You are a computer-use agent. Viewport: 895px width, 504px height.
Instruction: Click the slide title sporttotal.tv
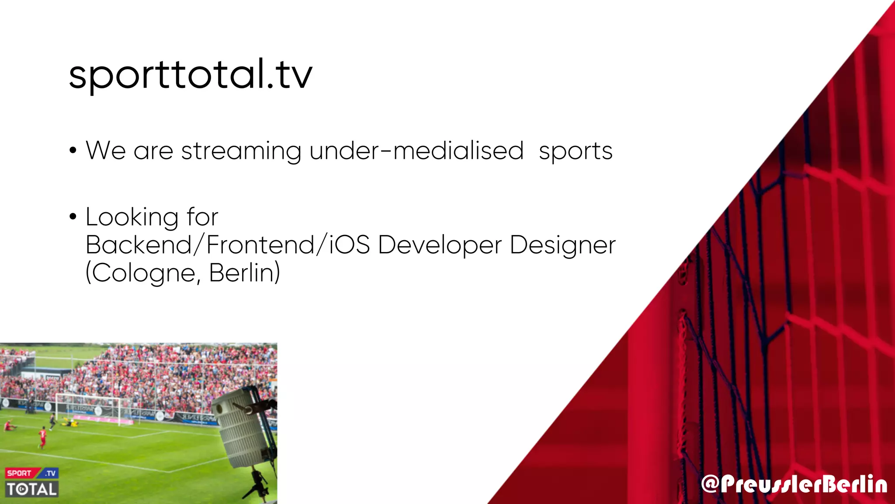(191, 74)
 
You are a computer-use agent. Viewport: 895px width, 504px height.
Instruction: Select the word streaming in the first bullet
(241, 151)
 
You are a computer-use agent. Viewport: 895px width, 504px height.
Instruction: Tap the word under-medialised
(416, 150)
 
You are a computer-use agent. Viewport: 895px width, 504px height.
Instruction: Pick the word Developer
(440, 245)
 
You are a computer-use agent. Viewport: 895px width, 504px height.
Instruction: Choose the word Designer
(562, 245)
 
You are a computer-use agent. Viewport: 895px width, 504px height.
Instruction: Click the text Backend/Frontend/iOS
(227, 245)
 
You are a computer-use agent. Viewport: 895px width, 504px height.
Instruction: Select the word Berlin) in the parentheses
(244, 273)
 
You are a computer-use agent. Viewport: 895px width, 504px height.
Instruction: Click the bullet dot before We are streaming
(73, 151)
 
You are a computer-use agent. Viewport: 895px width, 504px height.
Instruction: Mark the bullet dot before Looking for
(73, 217)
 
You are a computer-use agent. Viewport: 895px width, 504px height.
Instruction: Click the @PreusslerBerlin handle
(794, 484)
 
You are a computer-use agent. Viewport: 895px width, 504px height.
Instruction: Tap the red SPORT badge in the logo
(19, 473)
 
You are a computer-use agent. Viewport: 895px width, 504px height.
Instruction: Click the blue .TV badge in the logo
(51, 473)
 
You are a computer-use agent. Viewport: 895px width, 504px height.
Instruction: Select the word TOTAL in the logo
(32, 489)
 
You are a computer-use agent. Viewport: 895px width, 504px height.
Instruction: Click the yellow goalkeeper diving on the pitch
(70, 422)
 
